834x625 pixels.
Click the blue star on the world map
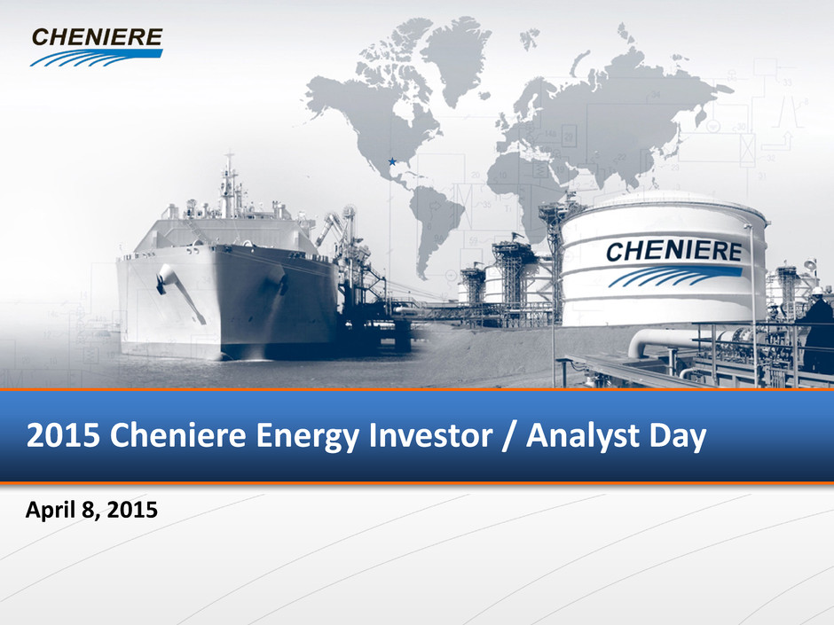coord(392,161)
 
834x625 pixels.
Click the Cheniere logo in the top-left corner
coord(97,47)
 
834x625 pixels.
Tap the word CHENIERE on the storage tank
coord(673,251)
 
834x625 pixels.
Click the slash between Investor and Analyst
coord(509,436)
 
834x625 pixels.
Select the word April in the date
coord(50,511)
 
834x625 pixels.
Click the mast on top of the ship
coord(229,185)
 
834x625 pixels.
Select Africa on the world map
coord(523,191)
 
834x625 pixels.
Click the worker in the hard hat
coord(818,330)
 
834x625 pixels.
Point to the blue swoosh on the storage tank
coord(674,277)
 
